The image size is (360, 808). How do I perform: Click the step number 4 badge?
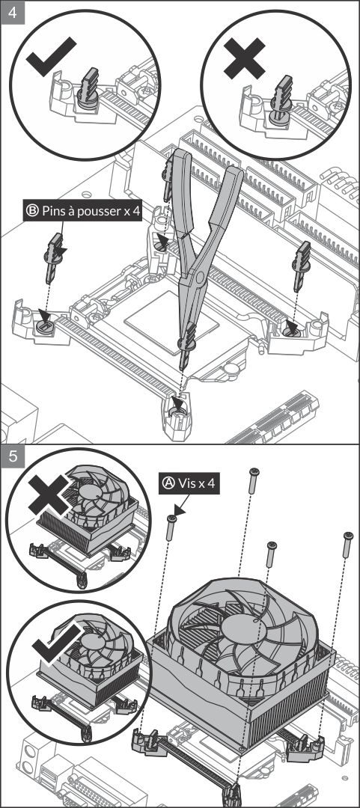click(x=13, y=13)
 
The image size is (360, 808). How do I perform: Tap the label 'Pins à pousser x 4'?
click(x=82, y=211)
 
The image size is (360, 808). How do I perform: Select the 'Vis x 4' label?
click(x=189, y=484)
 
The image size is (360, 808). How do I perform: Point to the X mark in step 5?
click(x=49, y=495)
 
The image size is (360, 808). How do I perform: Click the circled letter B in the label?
click(x=33, y=211)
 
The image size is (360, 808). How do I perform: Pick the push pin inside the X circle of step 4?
click(x=281, y=101)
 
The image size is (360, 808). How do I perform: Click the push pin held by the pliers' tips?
click(x=186, y=346)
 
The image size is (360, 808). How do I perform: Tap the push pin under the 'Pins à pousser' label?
click(x=55, y=257)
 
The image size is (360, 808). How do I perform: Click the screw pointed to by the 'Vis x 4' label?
click(x=171, y=527)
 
